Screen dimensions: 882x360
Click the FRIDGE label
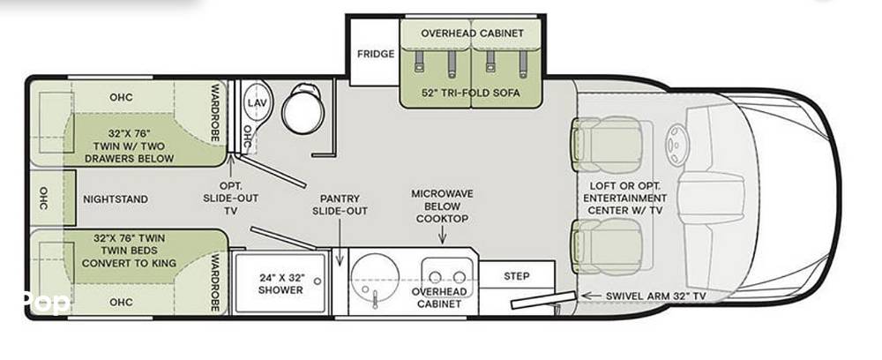[376, 54]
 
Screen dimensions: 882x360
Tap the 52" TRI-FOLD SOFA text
[471, 93]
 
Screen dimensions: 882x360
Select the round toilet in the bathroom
[303, 109]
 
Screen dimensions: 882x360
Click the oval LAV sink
[257, 103]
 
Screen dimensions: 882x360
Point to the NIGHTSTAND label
[116, 199]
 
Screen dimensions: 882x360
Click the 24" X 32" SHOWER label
[281, 284]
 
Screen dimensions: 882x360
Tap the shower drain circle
[318, 281]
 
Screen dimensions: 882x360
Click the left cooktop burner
[435, 276]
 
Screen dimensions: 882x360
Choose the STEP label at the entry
[516, 276]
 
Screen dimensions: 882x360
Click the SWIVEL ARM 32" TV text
[655, 296]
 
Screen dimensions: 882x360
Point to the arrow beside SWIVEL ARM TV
[590, 296]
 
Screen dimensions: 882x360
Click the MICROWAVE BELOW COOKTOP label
[442, 206]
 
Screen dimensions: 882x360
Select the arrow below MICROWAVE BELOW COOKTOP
[442, 235]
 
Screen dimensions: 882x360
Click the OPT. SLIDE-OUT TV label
[231, 198]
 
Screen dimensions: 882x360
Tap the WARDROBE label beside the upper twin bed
[214, 114]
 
